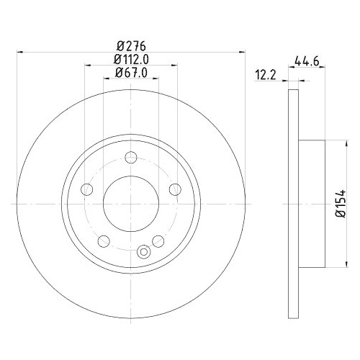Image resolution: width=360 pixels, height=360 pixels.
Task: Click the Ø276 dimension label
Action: click(x=131, y=46)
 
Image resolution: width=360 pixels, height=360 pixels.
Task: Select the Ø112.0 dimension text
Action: click(x=131, y=59)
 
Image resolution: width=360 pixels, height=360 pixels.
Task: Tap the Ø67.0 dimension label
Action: click(x=131, y=73)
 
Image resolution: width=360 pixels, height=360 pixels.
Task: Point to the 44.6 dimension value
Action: click(x=307, y=61)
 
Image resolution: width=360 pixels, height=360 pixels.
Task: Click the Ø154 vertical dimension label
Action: click(x=341, y=204)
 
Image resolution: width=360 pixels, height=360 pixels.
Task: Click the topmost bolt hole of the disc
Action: click(x=131, y=158)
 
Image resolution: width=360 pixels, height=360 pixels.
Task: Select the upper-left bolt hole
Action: click(x=87, y=189)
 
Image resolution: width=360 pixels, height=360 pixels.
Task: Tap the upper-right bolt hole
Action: click(x=175, y=189)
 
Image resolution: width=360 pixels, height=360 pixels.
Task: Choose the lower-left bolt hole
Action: click(x=104, y=241)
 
